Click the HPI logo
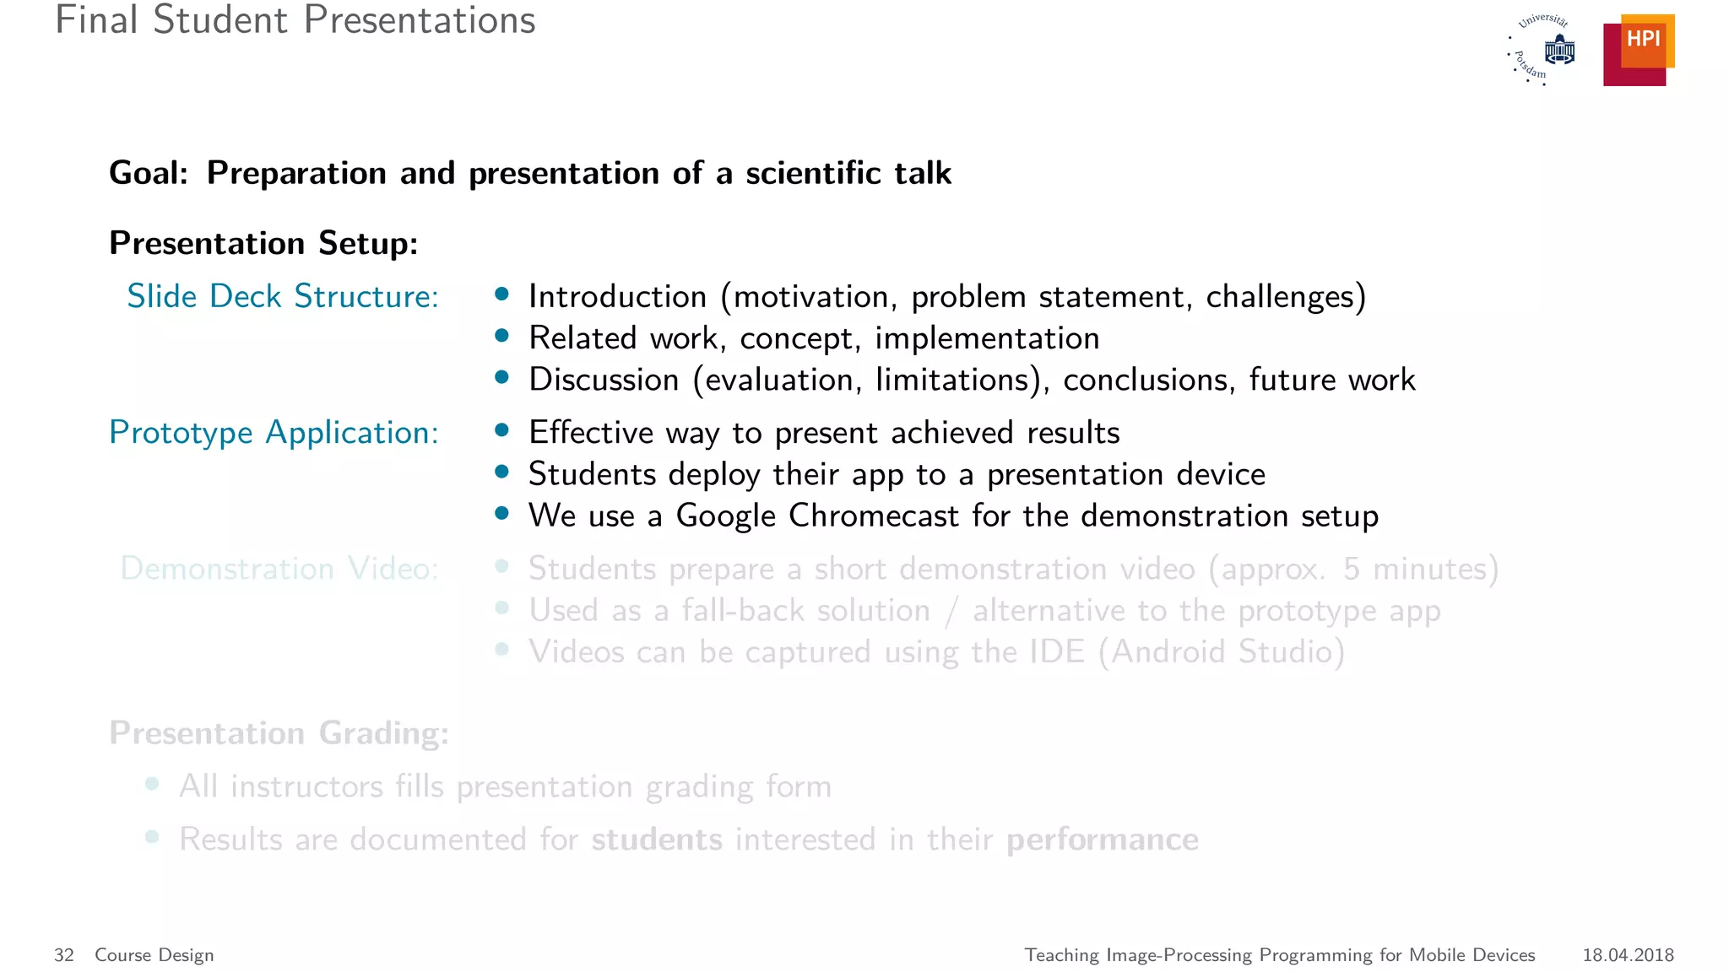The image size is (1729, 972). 1638,51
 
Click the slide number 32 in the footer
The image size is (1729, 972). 64,955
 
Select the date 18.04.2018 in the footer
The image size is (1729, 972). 1628,955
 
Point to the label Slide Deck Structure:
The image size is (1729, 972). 283,296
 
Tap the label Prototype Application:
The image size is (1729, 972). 274,433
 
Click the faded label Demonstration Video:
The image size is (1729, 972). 279,569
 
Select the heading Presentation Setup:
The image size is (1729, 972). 263,243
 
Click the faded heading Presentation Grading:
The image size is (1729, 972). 279,733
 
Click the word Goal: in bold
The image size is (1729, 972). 149,173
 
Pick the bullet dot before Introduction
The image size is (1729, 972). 502,294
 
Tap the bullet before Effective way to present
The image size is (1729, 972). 502,430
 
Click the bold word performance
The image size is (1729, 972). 1102,840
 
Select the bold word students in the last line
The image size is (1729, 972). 656,840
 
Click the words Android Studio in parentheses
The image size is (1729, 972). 1222,652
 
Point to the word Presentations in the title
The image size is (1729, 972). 420,20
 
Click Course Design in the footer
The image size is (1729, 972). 154,955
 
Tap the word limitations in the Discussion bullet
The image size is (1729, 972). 951,380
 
